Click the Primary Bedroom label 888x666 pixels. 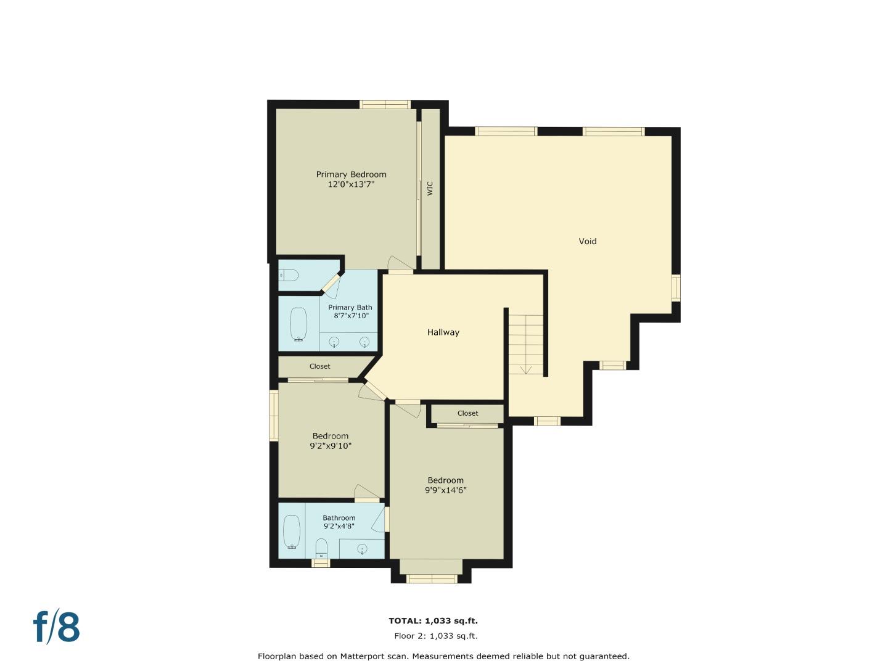351,175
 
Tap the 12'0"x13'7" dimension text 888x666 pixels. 351,184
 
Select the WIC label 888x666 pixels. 430,187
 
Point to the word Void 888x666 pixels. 587,241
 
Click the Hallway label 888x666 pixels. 443,332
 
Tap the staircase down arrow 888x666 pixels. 526,369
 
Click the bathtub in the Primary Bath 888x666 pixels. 298,324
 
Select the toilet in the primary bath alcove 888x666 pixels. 289,275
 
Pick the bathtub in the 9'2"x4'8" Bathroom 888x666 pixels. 291,532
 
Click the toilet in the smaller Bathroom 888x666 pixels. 321,548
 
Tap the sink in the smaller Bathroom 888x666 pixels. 362,548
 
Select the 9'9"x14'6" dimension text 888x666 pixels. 445,491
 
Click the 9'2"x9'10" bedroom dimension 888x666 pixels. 331,446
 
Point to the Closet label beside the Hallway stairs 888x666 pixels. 467,413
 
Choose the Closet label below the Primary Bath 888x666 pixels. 319,366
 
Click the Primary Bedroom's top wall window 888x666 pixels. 385,104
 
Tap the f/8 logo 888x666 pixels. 57,627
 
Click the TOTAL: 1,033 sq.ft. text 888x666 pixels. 433,621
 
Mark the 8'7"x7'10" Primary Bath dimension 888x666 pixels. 351,316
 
